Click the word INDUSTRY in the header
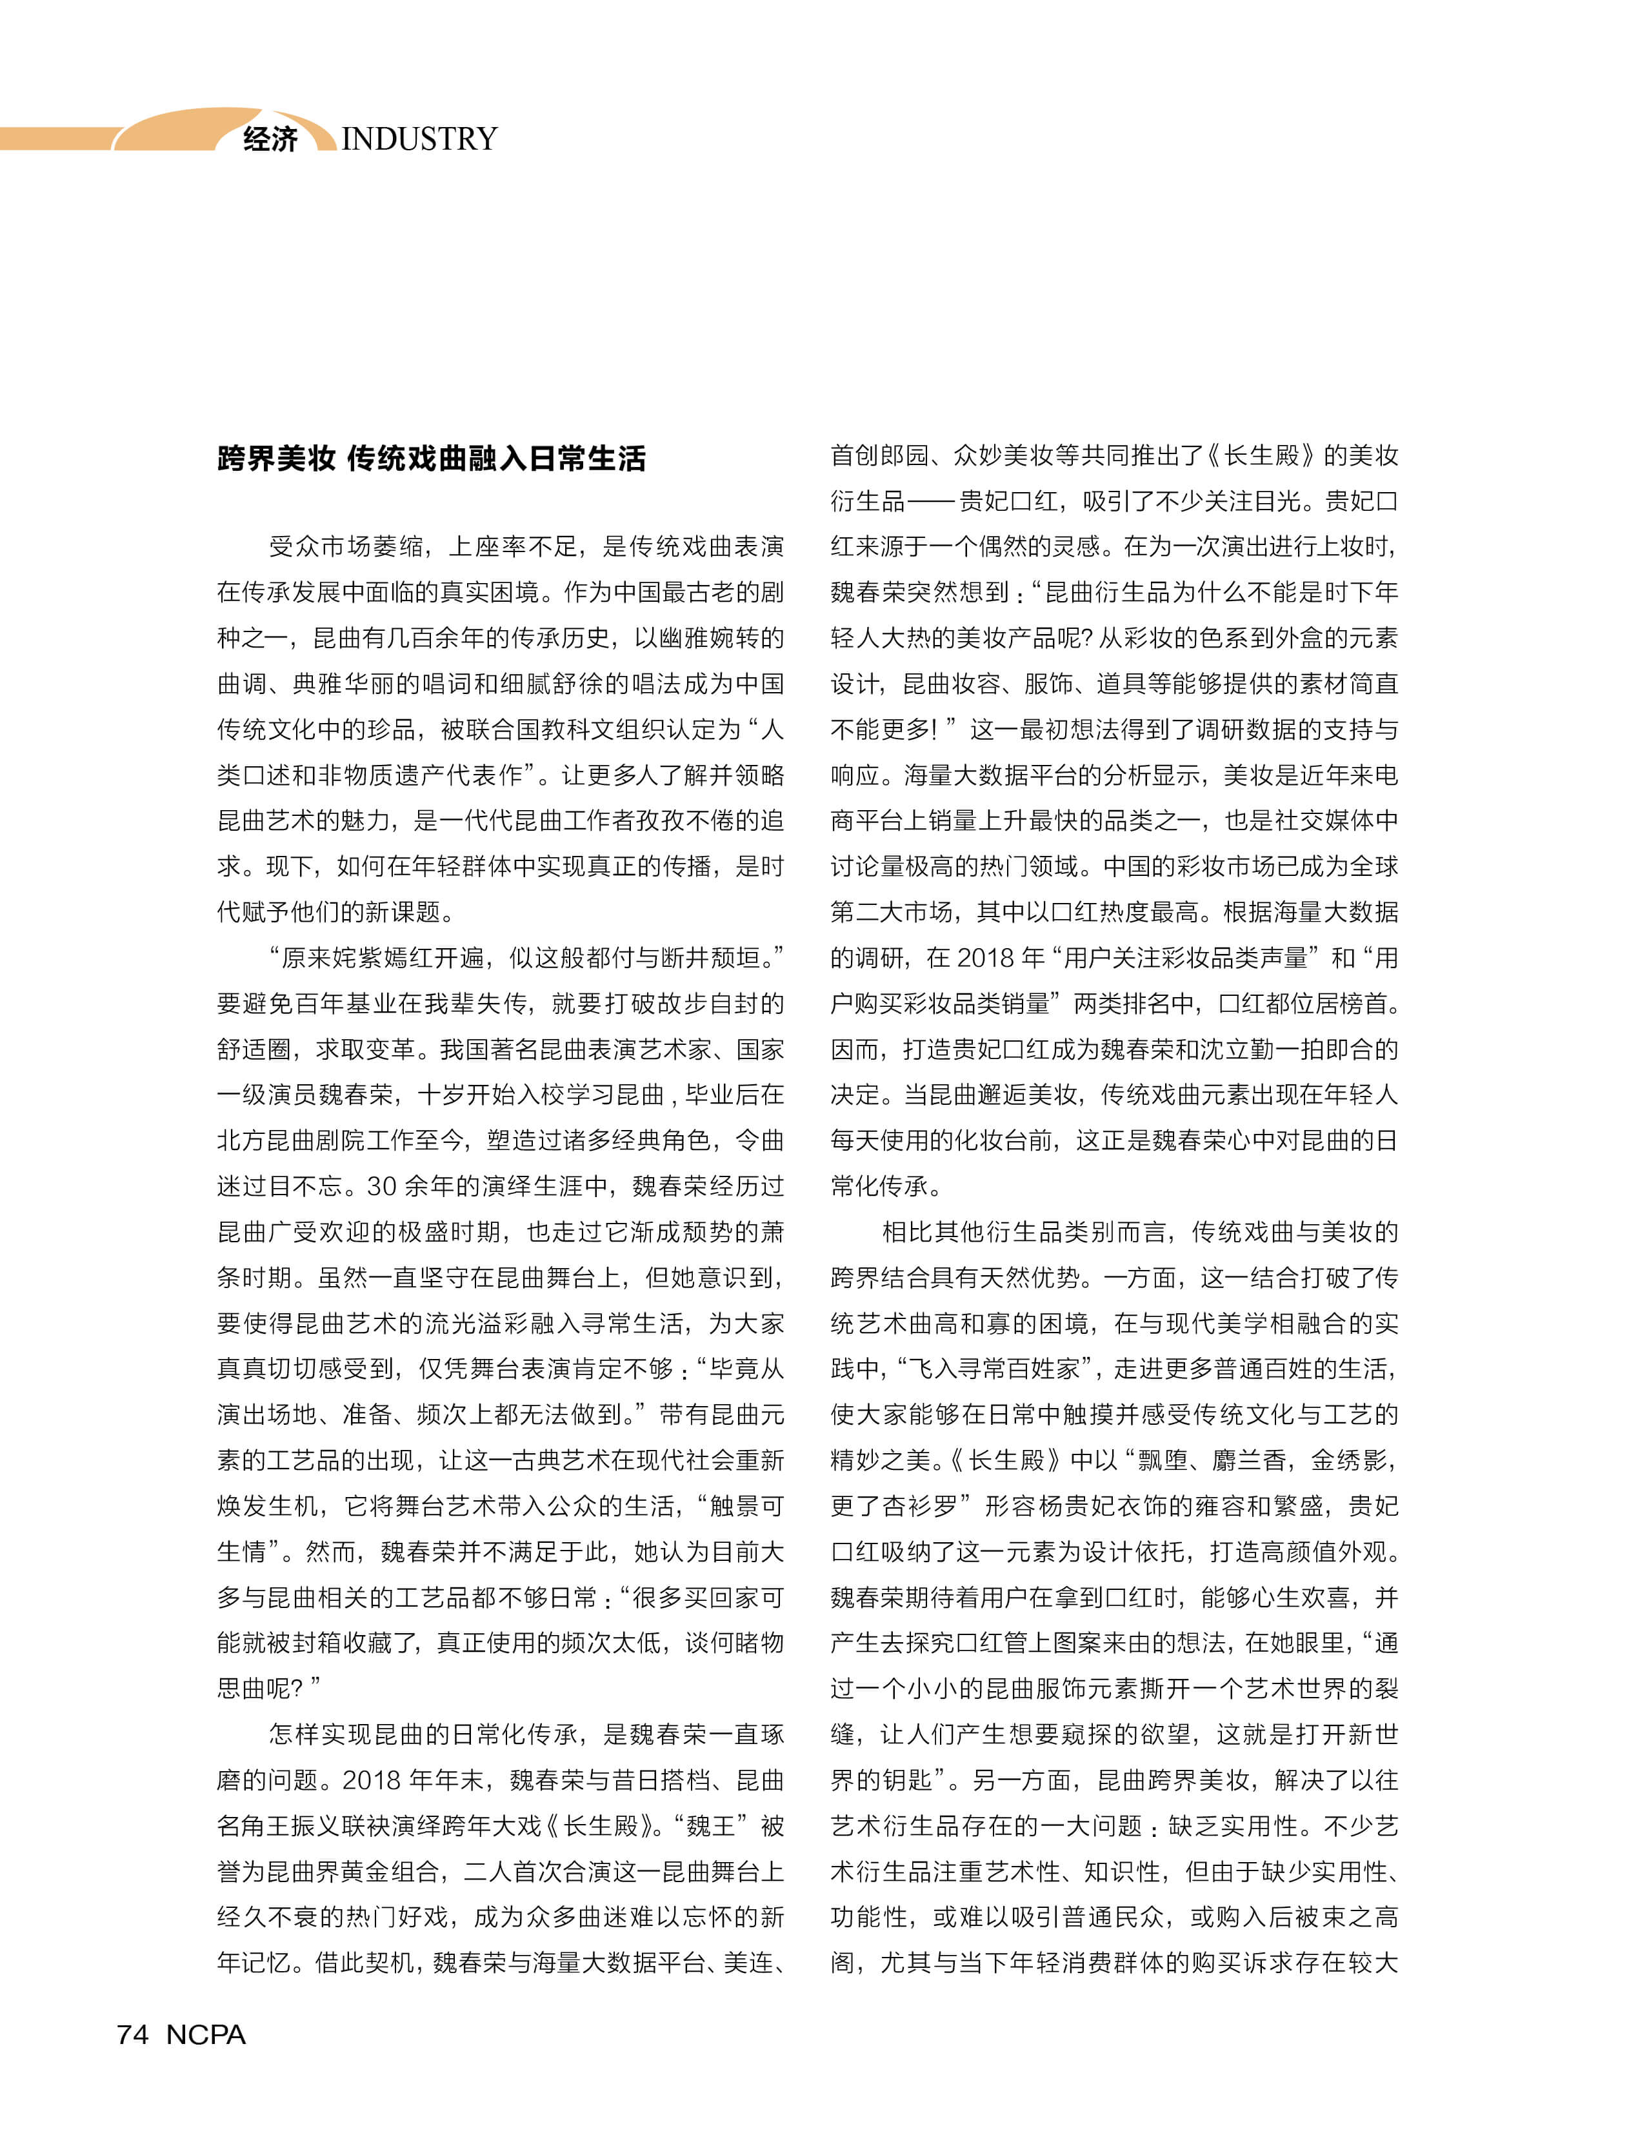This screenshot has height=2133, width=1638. coord(419,139)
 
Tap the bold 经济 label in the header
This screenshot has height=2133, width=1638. coord(270,139)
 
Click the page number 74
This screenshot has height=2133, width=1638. coord(133,2034)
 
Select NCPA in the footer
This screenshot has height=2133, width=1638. coord(206,2034)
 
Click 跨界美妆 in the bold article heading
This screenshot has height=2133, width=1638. coord(276,458)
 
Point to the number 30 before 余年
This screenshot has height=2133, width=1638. coord(381,1186)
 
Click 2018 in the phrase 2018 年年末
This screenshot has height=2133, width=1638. coord(370,1779)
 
